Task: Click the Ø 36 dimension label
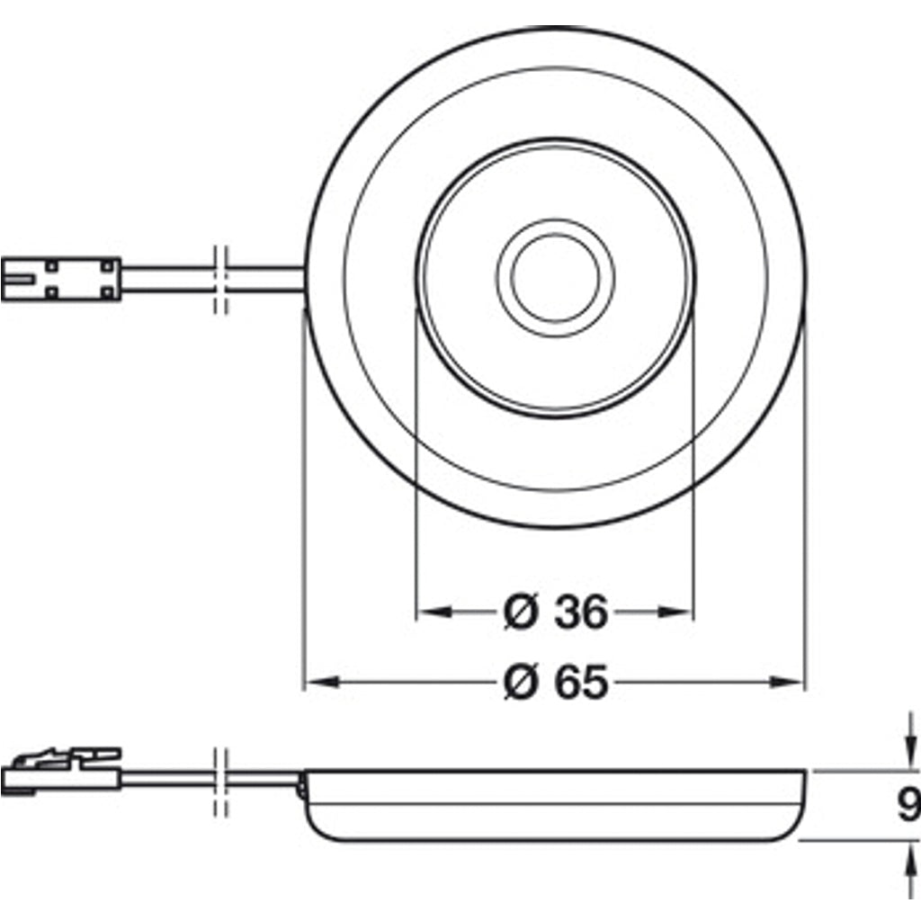pyautogui.click(x=555, y=613)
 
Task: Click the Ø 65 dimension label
pyautogui.click(x=555, y=684)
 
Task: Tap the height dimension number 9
pyautogui.click(x=908, y=804)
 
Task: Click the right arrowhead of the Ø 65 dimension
pyautogui.click(x=788, y=684)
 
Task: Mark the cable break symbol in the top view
pyautogui.click(x=221, y=279)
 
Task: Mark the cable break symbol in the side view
pyautogui.click(x=221, y=780)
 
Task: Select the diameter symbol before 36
pyautogui.click(x=521, y=613)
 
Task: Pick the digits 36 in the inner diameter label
pyautogui.click(x=581, y=613)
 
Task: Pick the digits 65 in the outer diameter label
pyautogui.click(x=581, y=684)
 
